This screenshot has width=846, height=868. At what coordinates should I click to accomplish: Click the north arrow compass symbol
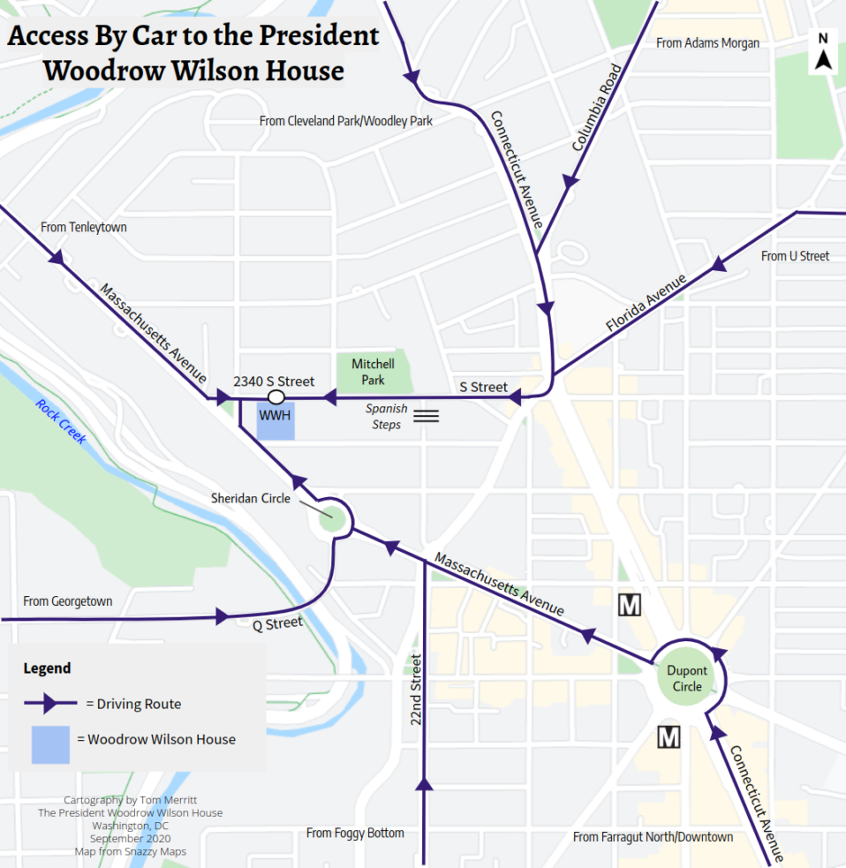pos(823,52)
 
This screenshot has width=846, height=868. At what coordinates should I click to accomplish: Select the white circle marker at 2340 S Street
pos(276,397)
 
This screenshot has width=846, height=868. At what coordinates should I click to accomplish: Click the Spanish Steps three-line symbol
pos(427,415)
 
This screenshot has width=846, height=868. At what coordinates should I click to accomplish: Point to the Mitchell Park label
pos(373,372)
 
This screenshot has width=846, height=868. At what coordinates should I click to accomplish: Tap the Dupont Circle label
pos(687,679)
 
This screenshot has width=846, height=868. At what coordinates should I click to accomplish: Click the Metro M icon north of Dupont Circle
pos(630,606)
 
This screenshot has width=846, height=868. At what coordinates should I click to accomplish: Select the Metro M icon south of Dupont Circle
pos(669,736)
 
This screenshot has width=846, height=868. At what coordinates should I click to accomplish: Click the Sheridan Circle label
pos(250,499)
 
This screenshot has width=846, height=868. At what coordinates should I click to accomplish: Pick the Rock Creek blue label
pos(61,420)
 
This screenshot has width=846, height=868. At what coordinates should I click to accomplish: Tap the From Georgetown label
pos(68,601)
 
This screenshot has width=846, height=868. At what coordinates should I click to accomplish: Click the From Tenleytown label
pos(84,227)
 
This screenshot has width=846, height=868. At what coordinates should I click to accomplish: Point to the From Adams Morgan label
pos(707,42)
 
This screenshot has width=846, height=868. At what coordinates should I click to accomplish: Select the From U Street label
pos(795,256)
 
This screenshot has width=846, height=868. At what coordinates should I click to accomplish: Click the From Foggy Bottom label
pos(355,833)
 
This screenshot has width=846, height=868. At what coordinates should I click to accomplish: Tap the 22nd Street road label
pos(417,690)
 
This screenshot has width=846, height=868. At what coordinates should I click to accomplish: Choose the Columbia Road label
pos(591,112)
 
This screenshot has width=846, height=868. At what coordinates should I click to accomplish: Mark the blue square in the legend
pos(50,744)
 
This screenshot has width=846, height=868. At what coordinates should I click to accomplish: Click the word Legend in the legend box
pos(47,668)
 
